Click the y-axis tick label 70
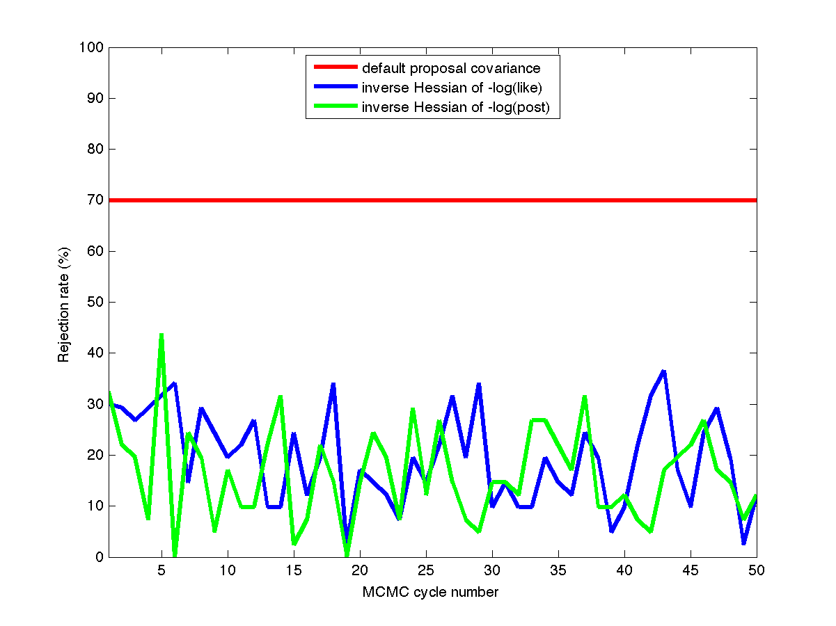pyautogui.click(x=96, y=200)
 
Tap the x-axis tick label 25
pyautogui.click(x=426, y=571)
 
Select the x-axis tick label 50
pyautogui.click(x=757, y=571)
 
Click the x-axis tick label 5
pyautogui.click(x=161, y=571)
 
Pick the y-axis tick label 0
pyautogui.click(x=100, y=557)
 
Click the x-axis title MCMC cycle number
pyautogui.click(x=430, y=593)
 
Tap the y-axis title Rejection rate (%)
pyautogui.click(x=63, y=303)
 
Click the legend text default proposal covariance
pyautogui.click(x=450, y=68)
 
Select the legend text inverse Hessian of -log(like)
pyautogui.click(x=457, y=88)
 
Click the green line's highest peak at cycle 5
pyautogui.click(x=161, y=335)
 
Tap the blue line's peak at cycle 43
pyautogui.click(x=664, y=371)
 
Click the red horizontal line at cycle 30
pyautogui.click(x=492, y=200)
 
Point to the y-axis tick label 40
pyautogui.click(x=96, y=353)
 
